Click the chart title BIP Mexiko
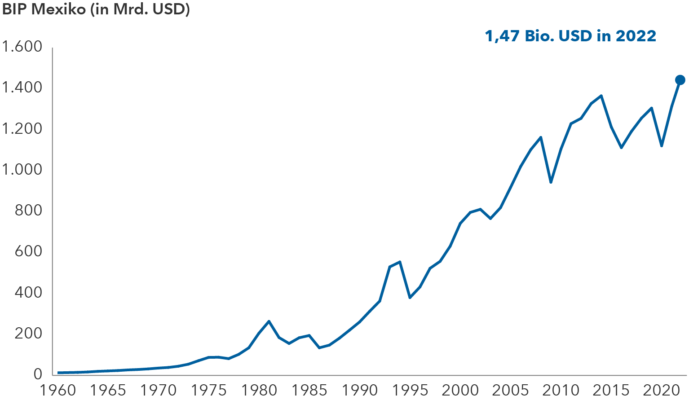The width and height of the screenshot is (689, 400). (x=96, y=9)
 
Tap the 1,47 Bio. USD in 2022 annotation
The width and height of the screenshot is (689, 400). (x=570, y=36)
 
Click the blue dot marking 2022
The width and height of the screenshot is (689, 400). (x=680, y=80)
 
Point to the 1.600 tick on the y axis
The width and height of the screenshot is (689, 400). (x=22, y=47)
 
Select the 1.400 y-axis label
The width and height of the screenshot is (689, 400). (x=22, y=88)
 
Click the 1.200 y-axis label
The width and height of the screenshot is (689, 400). (x=22, y=129)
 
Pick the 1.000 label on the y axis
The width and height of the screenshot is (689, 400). (x=22, y=170)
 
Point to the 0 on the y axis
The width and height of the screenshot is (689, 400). (x=38, y=374)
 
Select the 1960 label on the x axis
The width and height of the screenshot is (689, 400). (x=58, y=390)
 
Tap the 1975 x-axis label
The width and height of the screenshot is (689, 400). (x=208, y=390)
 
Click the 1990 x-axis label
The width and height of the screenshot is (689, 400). (x=359, y=390)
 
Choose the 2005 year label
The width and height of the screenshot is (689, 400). (x=510, y=390)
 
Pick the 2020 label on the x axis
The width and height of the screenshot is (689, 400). (x=660, y=390)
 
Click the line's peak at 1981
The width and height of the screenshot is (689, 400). (x=269, y=321)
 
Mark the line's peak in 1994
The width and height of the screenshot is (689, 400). (x=399, y=262)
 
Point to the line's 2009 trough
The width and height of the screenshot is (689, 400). (x=550, y=182)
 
